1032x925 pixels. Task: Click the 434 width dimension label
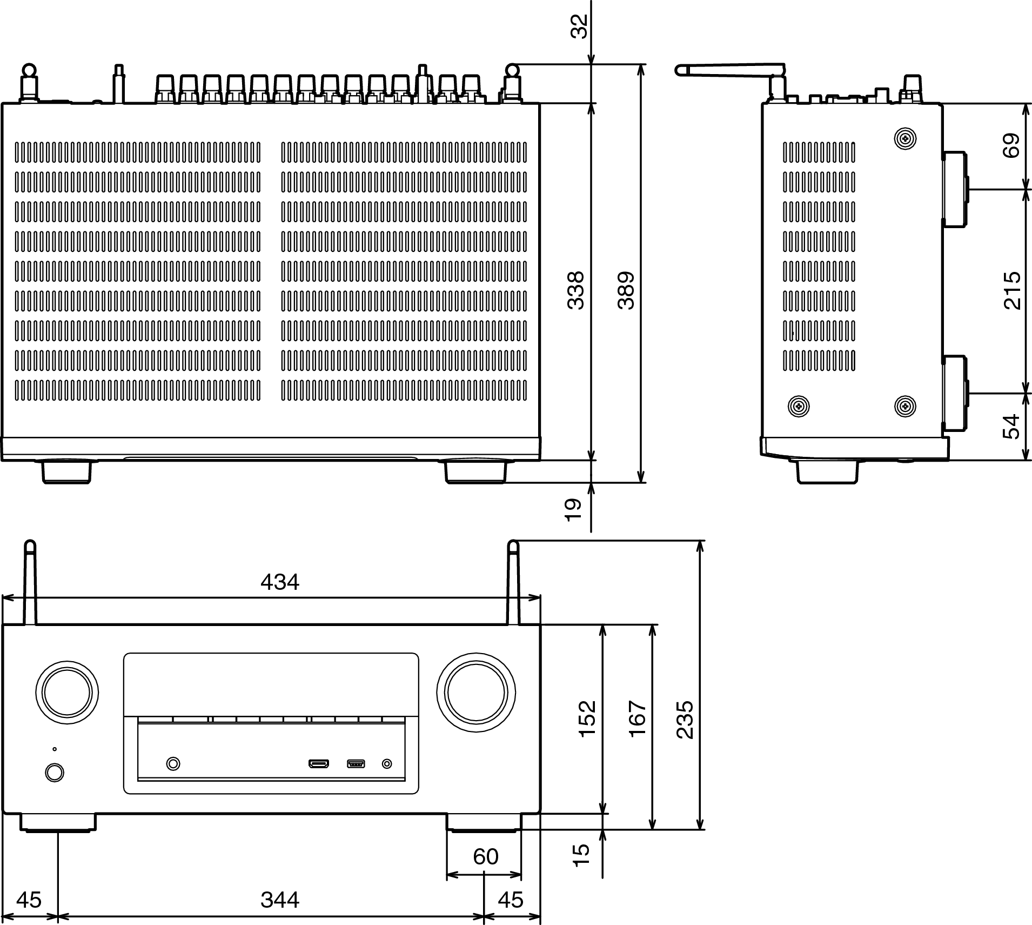[x=279, y=582]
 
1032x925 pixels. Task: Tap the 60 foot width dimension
[x=485, y=856]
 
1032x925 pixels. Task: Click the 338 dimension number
[x=576, y=290]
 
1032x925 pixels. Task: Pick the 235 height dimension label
[x=685, y=720]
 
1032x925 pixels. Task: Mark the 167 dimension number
[x=638, y=717]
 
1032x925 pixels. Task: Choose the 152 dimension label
[x=587, y=717]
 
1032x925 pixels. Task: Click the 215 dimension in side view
[x=1012, y=290]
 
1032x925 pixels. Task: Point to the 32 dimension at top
[x=579, y=26]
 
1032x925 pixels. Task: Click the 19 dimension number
[x=573, y=509]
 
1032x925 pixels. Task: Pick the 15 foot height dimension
[x=581, y=855]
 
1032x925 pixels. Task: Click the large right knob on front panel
[x=476, y=693]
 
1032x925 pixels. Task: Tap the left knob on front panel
[x=67, y=691]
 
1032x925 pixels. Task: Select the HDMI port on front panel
[x=319, y=764]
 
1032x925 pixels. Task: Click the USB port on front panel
[x=356, y=764]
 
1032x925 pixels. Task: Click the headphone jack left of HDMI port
[x=173, y=764]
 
